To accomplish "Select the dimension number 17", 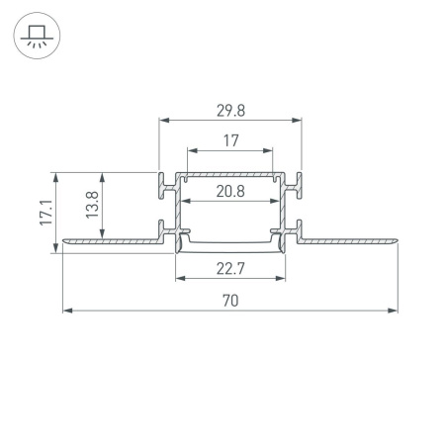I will tap(230, 141).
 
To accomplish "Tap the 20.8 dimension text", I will tap(230, 192).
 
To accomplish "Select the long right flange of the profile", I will tap(351, 239).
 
